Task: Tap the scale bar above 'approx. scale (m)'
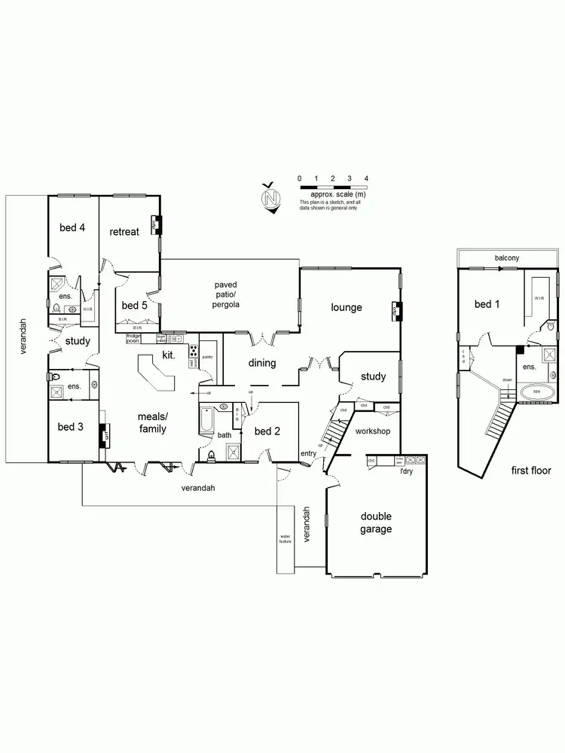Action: [x=333, y=186]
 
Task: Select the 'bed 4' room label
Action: [x=72, y=227]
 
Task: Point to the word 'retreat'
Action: [x=124, y=232]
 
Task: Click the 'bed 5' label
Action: [x=134, y=305]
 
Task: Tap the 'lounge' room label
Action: [x=347, y=307]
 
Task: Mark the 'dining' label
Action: [x=262, y=363]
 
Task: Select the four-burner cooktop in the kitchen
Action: [x=192, y=351]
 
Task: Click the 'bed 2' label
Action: [x=267, y=431]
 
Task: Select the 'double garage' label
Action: [x=375, y=523]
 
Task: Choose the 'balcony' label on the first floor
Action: [x=506, y=258]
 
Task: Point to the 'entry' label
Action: [x=309, y=453]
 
